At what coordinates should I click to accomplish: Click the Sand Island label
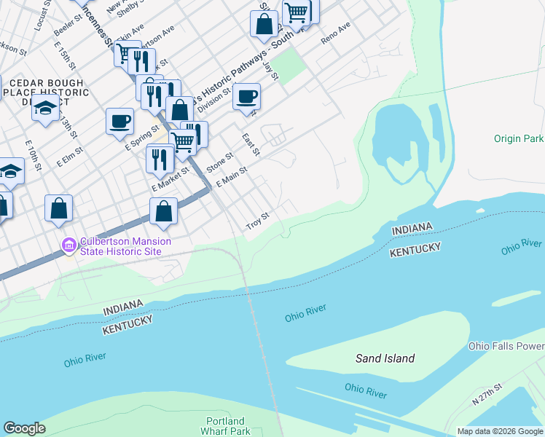pos(385,358)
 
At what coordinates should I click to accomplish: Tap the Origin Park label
pos(519,138)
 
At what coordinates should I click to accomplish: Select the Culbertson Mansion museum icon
pos(69,245)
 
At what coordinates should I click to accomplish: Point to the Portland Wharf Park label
pos(225,426)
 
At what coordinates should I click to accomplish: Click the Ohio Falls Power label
pos(506,346)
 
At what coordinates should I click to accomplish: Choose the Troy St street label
pos(258,221)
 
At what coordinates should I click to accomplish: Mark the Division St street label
pos(214,98)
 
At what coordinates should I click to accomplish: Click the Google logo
pos(24,428)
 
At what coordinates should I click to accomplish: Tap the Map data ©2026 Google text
pos(499,431)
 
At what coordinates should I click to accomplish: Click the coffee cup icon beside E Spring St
pos(119,121)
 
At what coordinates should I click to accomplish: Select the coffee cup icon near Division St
pos(247,95)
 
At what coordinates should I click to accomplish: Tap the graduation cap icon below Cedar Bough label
pos(45,109)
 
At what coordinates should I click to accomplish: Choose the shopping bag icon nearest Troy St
pos(165,212)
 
